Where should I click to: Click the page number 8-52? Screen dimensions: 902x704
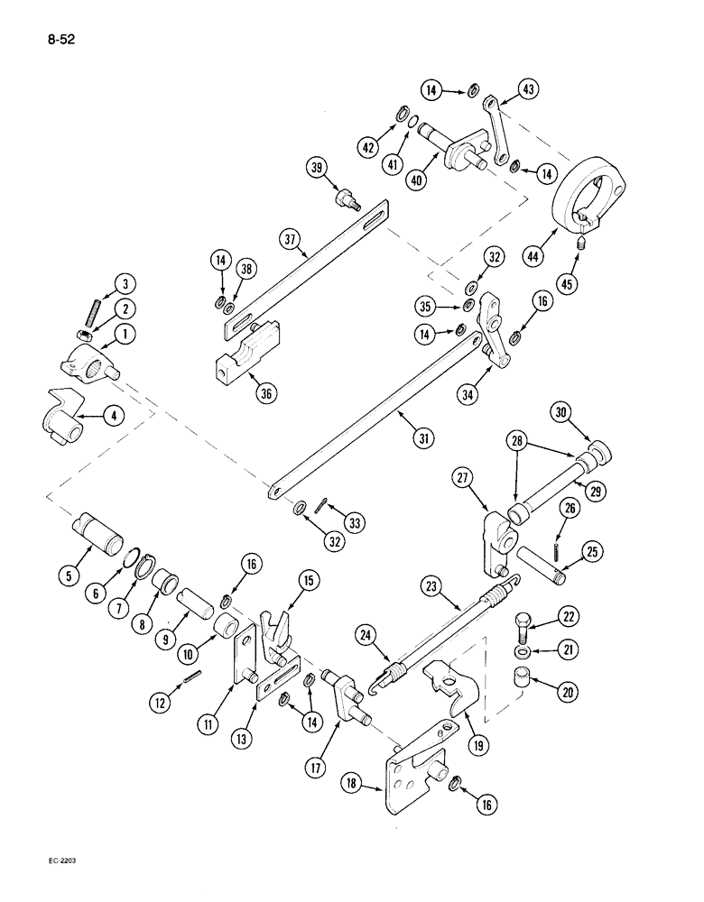point(55,41)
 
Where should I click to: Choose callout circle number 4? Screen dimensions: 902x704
point(112,416)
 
